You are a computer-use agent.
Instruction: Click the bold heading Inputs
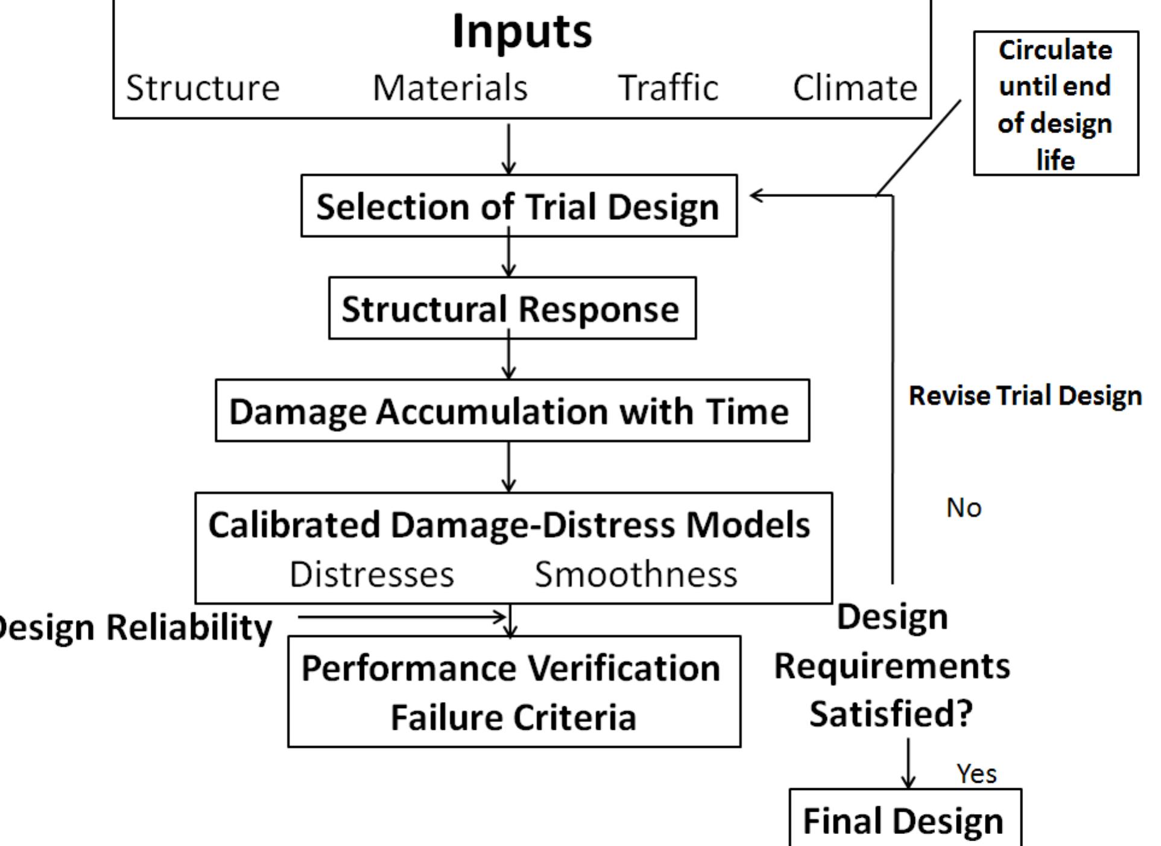[x=522, y=31]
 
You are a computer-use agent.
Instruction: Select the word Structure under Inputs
[x=203, y=88]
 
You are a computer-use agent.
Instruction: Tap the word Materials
[x=450, y=88]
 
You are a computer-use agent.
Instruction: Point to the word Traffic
[x=668, y=88]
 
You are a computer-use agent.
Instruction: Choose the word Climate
[x=855, y=88]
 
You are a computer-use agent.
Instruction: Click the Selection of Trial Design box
[x=518, y=206]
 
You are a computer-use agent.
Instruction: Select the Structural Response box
[x=511, y=309]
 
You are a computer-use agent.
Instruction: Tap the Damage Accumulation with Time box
[x=511, y=411]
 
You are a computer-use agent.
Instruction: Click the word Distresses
[x=372, y=574]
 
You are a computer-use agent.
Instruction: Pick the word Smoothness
[x=636, y=574]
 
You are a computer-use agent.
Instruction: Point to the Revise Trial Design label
[x=1025, y=396]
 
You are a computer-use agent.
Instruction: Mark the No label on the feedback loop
[x=964, y=508]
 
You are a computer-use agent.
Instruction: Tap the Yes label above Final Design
[x=976, y=773]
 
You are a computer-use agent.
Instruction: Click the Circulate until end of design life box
[x=1055, y=104]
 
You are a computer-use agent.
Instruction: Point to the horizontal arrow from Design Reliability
[x=401, y=616]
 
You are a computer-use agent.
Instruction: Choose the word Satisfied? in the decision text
[x=891, y=714]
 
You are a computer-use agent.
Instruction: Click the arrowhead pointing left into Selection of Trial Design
[x=756, y=195]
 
